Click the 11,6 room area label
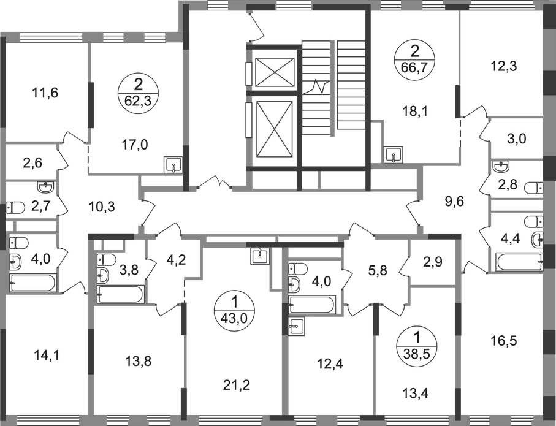point(45,93)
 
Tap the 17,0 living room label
point(134,145)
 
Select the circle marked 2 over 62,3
point(138,93)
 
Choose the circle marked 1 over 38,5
point(417,344)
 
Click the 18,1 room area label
point(415,112)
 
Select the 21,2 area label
point(237,384)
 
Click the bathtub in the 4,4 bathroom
point(519,262)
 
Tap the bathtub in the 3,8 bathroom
point(121,294)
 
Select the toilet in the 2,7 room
point(15,208)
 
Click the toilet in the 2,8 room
point(533,188)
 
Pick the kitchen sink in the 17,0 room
point(173,165)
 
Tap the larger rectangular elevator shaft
point(275,129)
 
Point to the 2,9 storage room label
point(433,263)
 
